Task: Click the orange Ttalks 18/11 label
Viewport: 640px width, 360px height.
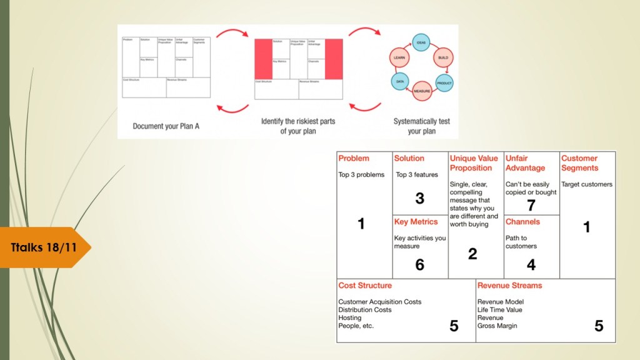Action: coord(44,247)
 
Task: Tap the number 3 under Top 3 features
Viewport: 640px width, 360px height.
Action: coord(420,198)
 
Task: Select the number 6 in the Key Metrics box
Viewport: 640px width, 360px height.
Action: coord(420,265)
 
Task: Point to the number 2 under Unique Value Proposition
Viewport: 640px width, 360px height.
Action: coord(472,253)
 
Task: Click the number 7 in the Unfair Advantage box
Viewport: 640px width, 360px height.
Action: coord(531,205)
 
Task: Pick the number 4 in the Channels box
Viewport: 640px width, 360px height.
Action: coord(531,265)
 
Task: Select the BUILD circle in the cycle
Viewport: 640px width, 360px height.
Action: coord(443,57)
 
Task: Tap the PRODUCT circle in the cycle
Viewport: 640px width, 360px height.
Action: coord(444,82)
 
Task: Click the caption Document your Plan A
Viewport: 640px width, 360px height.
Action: coord(166,126)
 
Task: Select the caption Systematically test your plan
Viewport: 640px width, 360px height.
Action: coord(421,126)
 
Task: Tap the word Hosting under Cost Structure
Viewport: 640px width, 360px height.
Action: coord(350,317)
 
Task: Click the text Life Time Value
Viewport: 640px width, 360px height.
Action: coord(499,310)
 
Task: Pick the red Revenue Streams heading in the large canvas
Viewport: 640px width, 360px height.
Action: coord(509,286)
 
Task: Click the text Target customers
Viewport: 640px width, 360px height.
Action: coord(586,184)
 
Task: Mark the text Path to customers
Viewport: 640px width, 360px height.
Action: coord(521,242)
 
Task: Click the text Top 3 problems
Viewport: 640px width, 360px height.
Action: coord(361,175)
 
